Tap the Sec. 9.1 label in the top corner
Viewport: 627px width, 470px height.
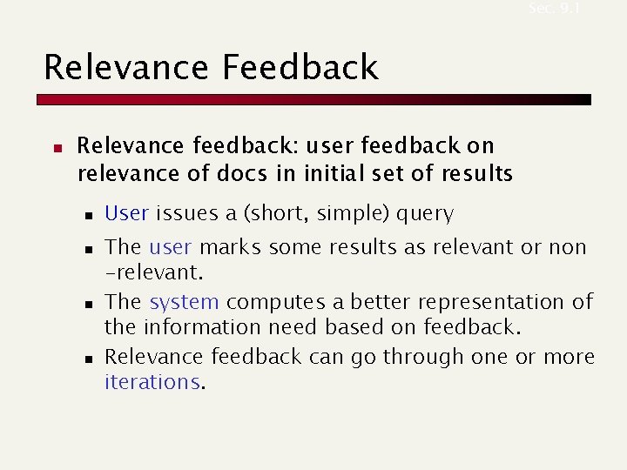click(x=553, y=8)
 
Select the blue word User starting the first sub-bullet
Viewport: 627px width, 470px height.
click(x=127, y=213)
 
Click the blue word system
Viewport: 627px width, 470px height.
click(x=184, y=302)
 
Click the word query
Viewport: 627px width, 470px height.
click(x=425, y=213)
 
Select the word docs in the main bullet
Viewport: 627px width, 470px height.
click(x=243, y=173)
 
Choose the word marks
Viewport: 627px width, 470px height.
click(x=230, y=248)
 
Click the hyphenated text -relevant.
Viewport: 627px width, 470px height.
click(x=153, y=273)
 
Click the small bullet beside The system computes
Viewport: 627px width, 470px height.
click(x=87, y=304)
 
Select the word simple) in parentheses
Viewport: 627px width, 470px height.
click(x=355, y=213)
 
